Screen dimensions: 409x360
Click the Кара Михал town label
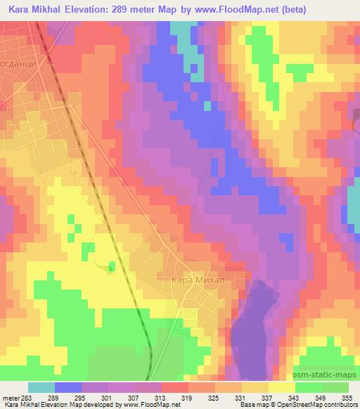(x=198, y=280)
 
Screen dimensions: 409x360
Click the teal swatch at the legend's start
(x=41, y=387)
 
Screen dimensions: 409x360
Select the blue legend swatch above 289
(x=68, y=387)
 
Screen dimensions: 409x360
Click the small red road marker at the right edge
(x=355, y=122)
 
